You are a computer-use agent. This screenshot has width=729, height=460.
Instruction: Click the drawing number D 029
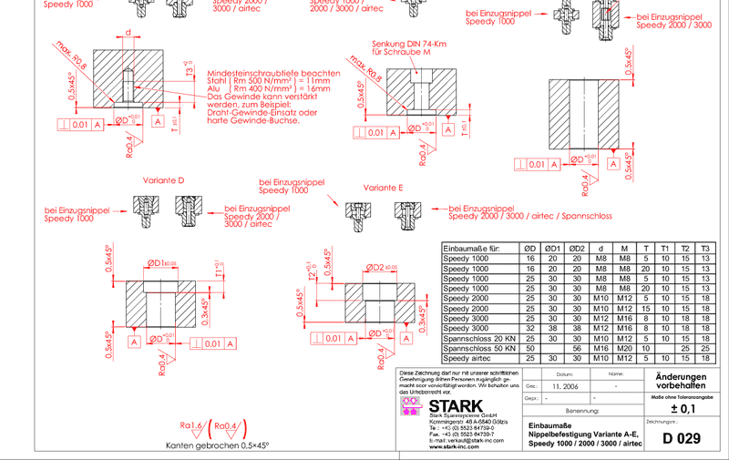(683, 439)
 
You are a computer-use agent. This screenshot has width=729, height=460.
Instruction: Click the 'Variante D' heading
(163, 180)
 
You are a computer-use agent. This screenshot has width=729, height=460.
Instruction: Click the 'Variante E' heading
(383, 187)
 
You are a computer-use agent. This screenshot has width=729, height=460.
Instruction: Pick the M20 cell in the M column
(624, 348)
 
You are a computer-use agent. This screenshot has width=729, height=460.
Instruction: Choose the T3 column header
(706, 248)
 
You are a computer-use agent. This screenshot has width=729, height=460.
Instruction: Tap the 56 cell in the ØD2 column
(576, 348)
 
